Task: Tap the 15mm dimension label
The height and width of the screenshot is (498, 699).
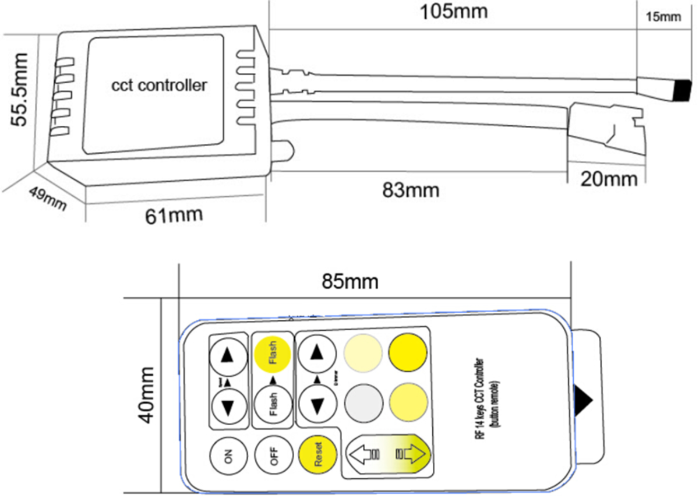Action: point(663,17)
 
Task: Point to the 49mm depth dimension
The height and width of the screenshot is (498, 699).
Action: point(47,200)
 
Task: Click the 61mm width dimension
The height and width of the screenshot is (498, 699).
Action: point(174,216)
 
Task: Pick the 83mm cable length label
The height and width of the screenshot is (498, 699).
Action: point(411,190)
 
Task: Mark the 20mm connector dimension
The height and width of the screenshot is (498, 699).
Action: point(609,179)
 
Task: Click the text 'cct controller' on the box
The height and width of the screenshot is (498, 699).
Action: point(159,85)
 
